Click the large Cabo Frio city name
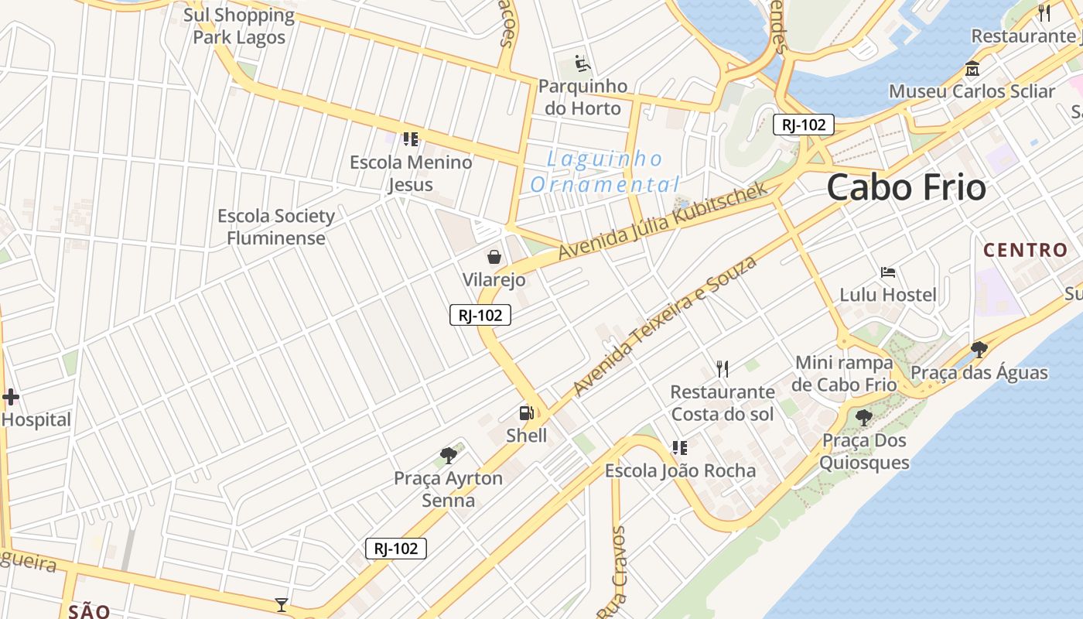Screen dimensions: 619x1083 [907, 188]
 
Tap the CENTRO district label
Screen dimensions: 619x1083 [1025, 250]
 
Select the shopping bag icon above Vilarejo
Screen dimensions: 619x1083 [494, 257]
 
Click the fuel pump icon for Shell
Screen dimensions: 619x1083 [526, 413]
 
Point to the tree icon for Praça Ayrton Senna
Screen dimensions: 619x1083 [448, 455]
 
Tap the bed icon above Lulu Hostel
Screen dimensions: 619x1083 [888, 272]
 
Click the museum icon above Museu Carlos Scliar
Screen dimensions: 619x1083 [972, 69]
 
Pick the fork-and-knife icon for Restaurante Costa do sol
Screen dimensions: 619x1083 [723, 369]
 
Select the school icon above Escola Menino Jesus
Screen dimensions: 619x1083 [410, 139]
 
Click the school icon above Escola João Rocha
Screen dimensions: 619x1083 [680, 448]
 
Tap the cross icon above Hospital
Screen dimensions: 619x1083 [11, 398]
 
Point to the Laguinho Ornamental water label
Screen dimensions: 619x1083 [604, 172]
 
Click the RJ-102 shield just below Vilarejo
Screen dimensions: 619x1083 [480, 315]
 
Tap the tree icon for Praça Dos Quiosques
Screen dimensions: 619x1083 [864, 418]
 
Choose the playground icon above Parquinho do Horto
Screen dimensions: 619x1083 [582, 63]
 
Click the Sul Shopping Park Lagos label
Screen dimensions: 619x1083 [239, 26]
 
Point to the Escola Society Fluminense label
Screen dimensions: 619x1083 [276, 227]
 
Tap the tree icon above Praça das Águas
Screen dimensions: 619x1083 [979, 350]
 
